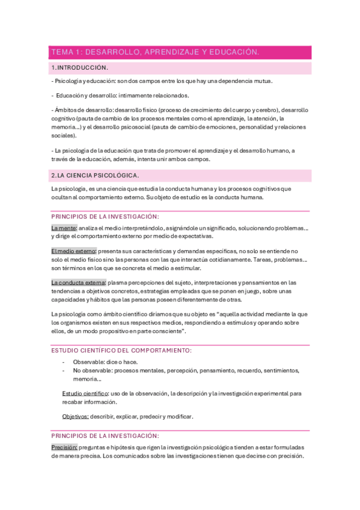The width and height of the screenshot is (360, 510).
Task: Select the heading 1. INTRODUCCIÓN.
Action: pyautogui.click(x=80, y=68)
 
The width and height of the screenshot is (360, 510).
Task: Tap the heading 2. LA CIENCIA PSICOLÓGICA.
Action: pyautogui.click(x=95, y=175)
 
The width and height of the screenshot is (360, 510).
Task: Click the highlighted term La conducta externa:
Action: pyautogui.click(x=79, y=282)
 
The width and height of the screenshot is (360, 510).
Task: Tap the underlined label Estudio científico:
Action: pyautogui.click(x=85, y=393)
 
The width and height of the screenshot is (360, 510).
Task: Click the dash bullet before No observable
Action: pyautogui.click(x=64, y=370)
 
